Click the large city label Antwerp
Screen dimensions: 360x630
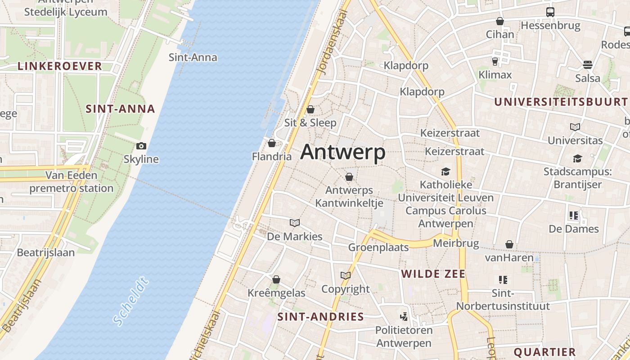tap(343, 153)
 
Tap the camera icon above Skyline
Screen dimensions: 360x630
tap(141, 146)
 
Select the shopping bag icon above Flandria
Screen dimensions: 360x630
tap(272, 143)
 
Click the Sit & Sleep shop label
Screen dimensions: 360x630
tap(310, 122)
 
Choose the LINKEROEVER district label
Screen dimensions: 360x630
tap(60, 66)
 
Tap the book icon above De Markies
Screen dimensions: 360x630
tap(295, 223)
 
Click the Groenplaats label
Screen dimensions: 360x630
tap(378, 247)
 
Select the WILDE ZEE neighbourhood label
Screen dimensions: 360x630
tap(433, 274)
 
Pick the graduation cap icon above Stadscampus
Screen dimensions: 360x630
tap(577, 158)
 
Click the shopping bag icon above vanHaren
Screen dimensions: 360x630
tap(509, 244)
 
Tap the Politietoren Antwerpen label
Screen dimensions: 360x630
tap(404, 336)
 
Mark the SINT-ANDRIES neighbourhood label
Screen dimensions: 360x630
tap(320, 316)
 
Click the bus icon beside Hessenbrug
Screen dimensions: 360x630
tap(550, 12)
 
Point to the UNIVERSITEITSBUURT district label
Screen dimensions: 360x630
tap(561, 102)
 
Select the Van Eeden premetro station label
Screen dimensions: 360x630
tap(72, 181)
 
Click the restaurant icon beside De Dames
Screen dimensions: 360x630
tap(573, 216)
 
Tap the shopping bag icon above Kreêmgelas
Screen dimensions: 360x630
tap(276, 279)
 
